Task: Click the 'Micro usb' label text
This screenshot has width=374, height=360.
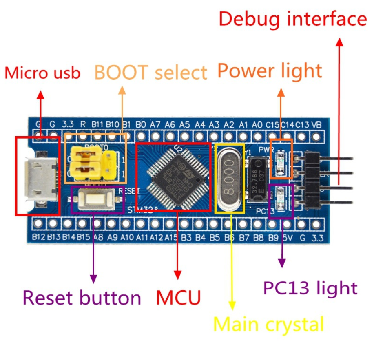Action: coord(42,73)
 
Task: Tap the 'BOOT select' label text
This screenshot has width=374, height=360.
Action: coord(151,73)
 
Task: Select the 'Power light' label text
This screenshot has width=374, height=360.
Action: coord(270,71)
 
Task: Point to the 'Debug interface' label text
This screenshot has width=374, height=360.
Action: coord(292,19)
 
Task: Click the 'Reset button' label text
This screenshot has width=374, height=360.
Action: coord(82,298)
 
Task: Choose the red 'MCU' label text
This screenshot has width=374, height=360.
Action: coord(179,298)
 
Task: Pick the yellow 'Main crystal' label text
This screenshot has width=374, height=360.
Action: coord(268,325)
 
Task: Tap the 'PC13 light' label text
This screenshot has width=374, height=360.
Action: coord(310,288)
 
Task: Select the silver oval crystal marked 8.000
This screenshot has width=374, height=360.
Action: coord(230,177)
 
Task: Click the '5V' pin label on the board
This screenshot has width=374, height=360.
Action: coord(288,236)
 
